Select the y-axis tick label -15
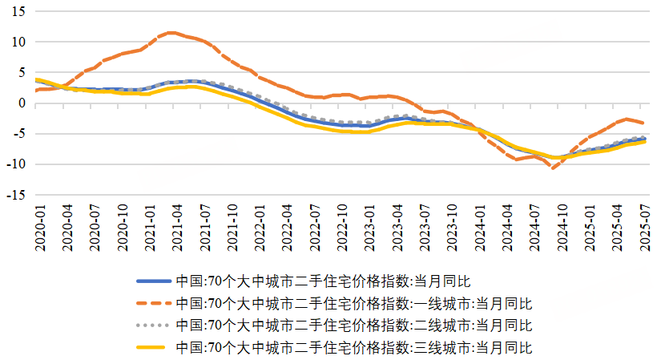17,195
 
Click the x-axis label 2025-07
643,229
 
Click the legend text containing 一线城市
353,303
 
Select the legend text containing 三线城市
353,347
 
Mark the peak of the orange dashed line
171,33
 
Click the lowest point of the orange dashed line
553,168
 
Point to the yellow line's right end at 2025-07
643,141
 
